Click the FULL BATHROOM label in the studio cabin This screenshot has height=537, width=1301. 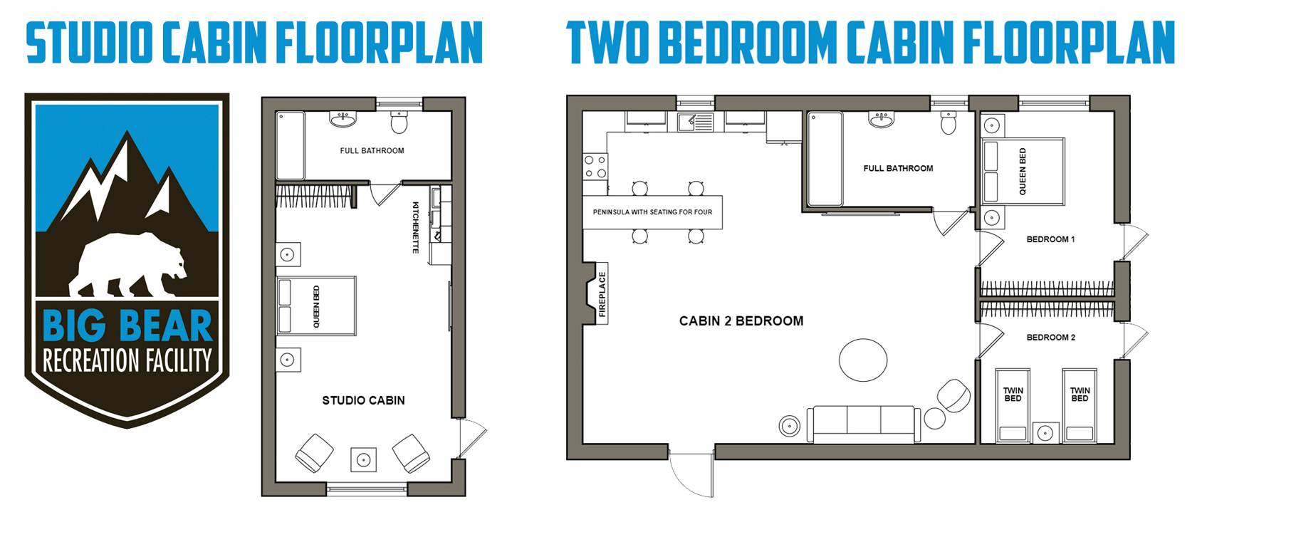point(372,151)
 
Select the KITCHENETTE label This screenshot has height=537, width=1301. point(416,227)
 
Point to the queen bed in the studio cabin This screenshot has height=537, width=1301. point(316,306)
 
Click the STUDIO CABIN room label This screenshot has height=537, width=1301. point(363,400)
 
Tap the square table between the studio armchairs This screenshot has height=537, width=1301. point(363,460)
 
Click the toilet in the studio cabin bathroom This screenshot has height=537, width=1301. point(399,122)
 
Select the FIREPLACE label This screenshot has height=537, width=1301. point(602,294)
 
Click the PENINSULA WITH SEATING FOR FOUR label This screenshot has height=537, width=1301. point(652,212)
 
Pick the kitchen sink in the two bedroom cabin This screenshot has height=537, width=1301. point(695,122)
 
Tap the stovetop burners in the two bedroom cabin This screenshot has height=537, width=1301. point(595,167)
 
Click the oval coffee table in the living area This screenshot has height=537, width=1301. point(863,360)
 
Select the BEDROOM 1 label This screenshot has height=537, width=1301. point(1050,239)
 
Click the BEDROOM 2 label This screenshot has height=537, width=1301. point(1050,338)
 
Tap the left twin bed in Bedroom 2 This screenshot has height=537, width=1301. point(1013,405)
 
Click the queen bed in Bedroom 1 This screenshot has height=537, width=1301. point(1023,172)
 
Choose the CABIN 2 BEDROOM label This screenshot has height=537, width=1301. point(741,321)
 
